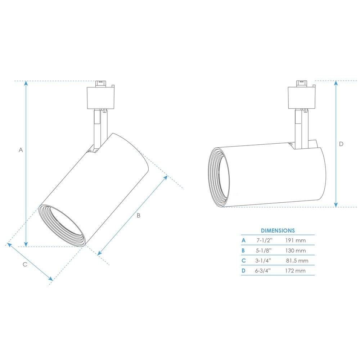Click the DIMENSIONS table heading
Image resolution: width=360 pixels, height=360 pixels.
278,230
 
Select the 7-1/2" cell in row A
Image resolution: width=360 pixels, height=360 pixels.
264,240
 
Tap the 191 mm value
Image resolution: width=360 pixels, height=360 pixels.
296,240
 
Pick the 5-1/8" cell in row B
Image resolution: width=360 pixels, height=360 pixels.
264,251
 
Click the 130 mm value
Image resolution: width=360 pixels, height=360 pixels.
296,251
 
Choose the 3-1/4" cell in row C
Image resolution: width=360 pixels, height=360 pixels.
263,261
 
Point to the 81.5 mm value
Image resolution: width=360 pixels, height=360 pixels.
297,261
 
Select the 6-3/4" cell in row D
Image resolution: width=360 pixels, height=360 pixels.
263,271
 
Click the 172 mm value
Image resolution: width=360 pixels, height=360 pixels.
295,271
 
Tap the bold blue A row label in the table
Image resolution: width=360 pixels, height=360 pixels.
243,240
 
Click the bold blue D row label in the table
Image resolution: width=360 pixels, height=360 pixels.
243,271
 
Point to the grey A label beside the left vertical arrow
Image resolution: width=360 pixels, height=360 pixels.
21,150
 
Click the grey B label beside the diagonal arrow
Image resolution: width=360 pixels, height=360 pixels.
139,215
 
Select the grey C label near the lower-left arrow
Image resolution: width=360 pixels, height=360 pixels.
25,265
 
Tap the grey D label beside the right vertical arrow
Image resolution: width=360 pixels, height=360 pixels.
341,144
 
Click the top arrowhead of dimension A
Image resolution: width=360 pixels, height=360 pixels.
26,83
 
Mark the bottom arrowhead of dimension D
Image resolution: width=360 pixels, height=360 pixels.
336,205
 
